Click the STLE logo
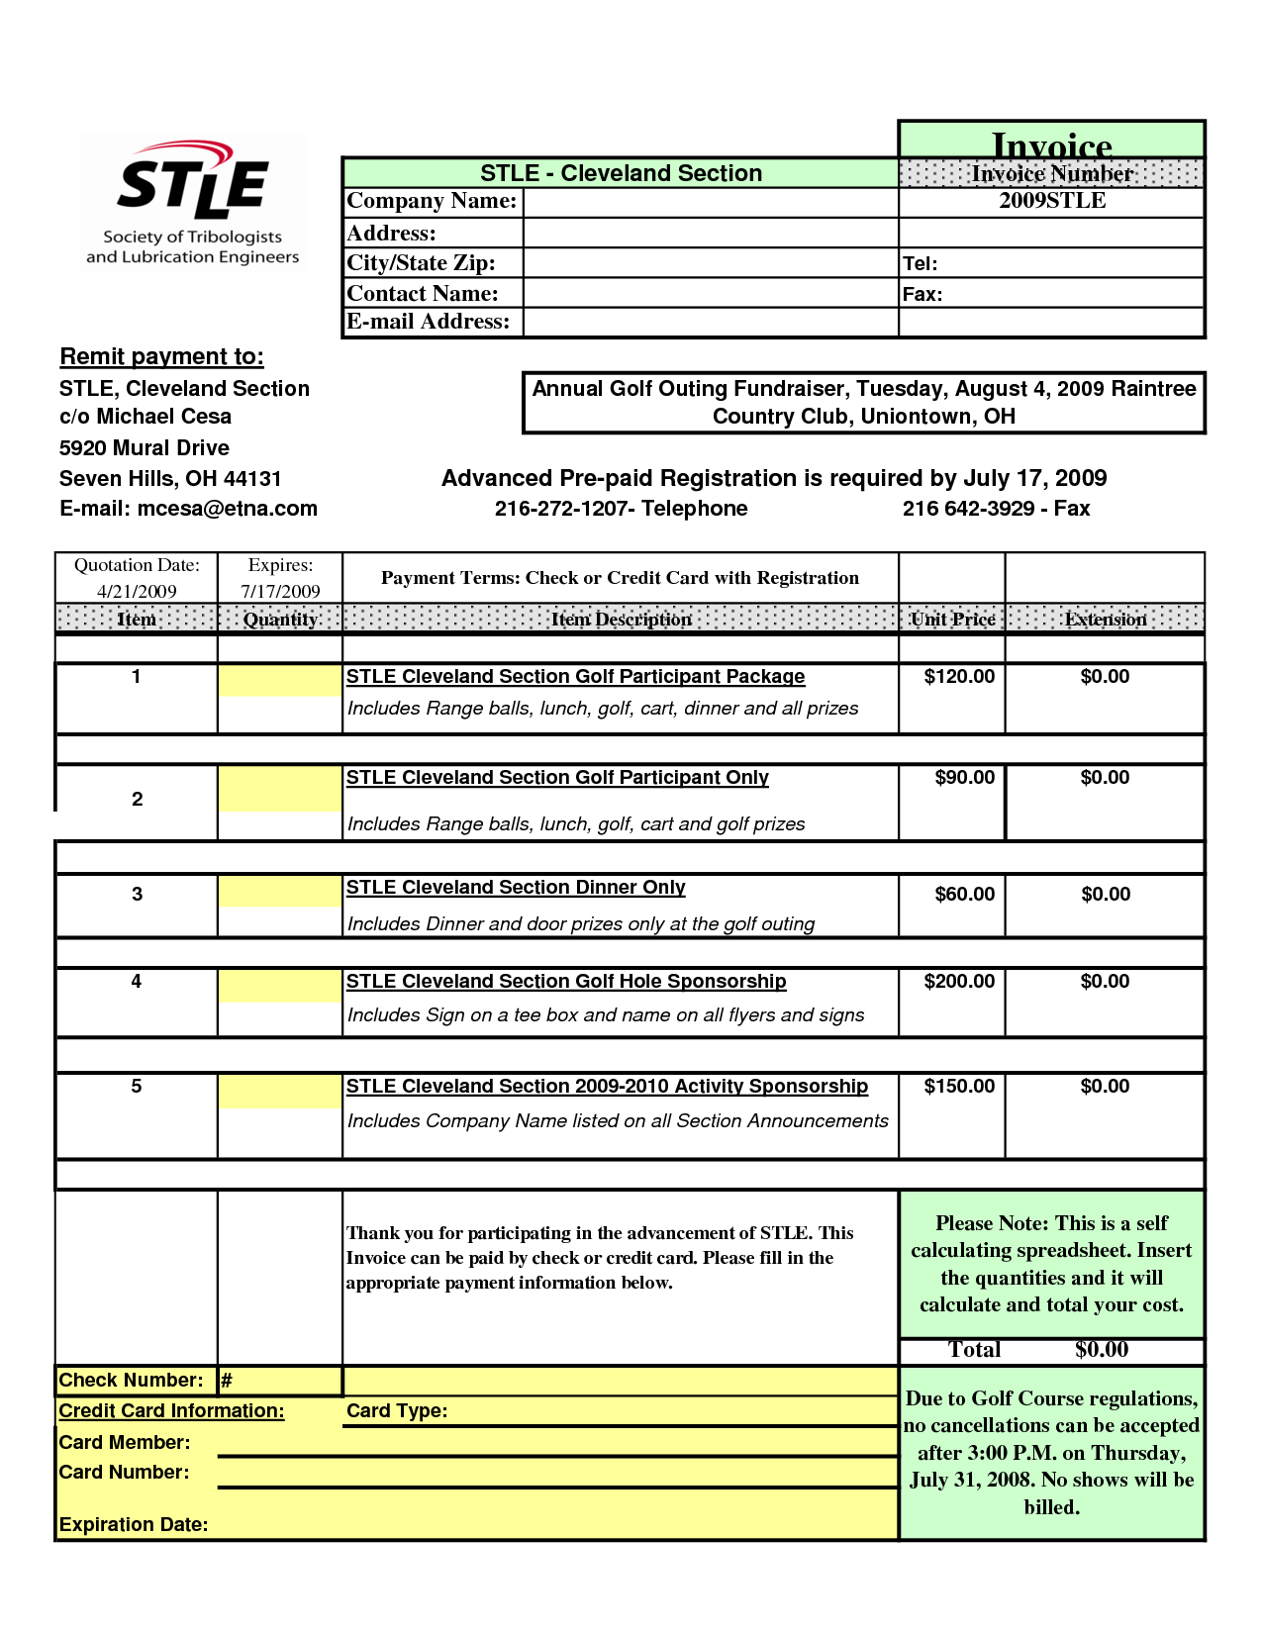tap(192, 203)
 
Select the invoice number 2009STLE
tap(1051, 201)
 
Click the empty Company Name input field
tap(710, 202)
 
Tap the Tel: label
tap(920, 263)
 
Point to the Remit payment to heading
tap(161, 357)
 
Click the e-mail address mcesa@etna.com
tap(227, 509)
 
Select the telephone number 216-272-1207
tap(563, 509)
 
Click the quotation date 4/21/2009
tap(137, 591)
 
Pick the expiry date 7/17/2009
tap(280, 591)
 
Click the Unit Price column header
tap(952, 620)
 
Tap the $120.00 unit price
tap(958, 677)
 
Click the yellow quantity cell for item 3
tap(280, 892)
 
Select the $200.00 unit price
tap(958, 982)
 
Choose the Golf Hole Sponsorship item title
tap(565, 982)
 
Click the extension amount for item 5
tap(1105, 1087)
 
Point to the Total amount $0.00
tap(1102, 1350)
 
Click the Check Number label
tap(131, 1381)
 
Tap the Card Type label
tap(397, 1411)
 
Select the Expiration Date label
tap(134, 1525)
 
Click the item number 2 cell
tap(137, 800)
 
